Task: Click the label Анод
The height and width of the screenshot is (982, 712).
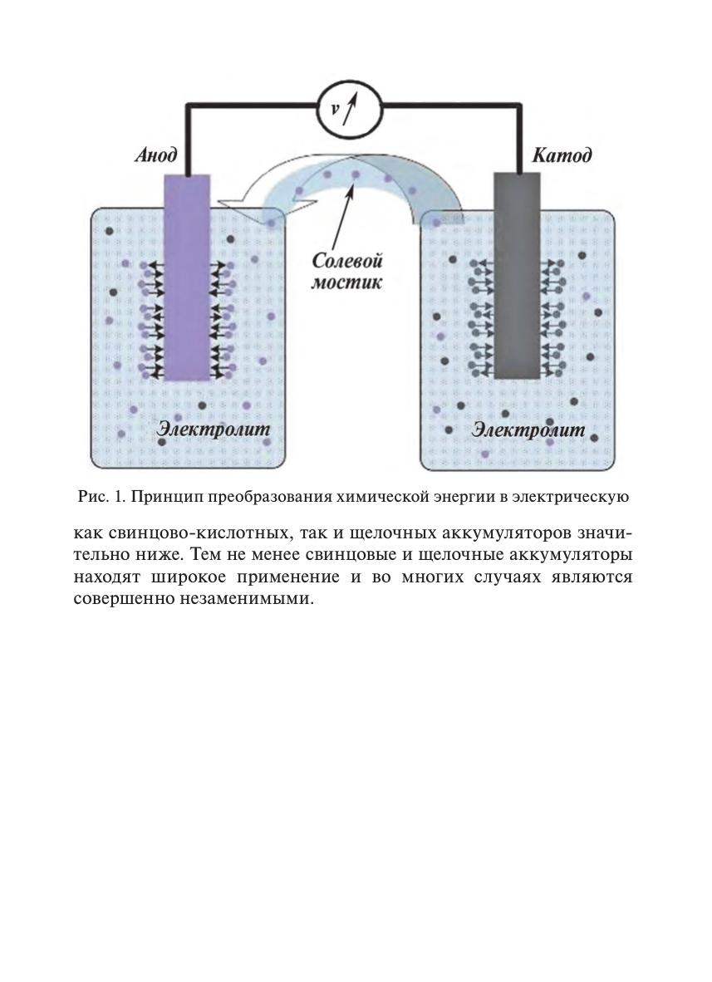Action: [156, 155]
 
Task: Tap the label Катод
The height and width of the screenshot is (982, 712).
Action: [562, 155]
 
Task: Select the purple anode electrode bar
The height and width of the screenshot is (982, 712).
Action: [187, 277]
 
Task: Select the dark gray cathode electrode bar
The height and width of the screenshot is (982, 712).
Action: [517, 276]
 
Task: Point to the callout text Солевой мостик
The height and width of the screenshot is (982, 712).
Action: [347, 271]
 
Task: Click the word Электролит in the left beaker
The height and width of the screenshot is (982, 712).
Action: [214, 430]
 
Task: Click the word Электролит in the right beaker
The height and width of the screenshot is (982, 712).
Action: [528, 430]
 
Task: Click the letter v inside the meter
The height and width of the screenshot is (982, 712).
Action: [335, 109]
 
